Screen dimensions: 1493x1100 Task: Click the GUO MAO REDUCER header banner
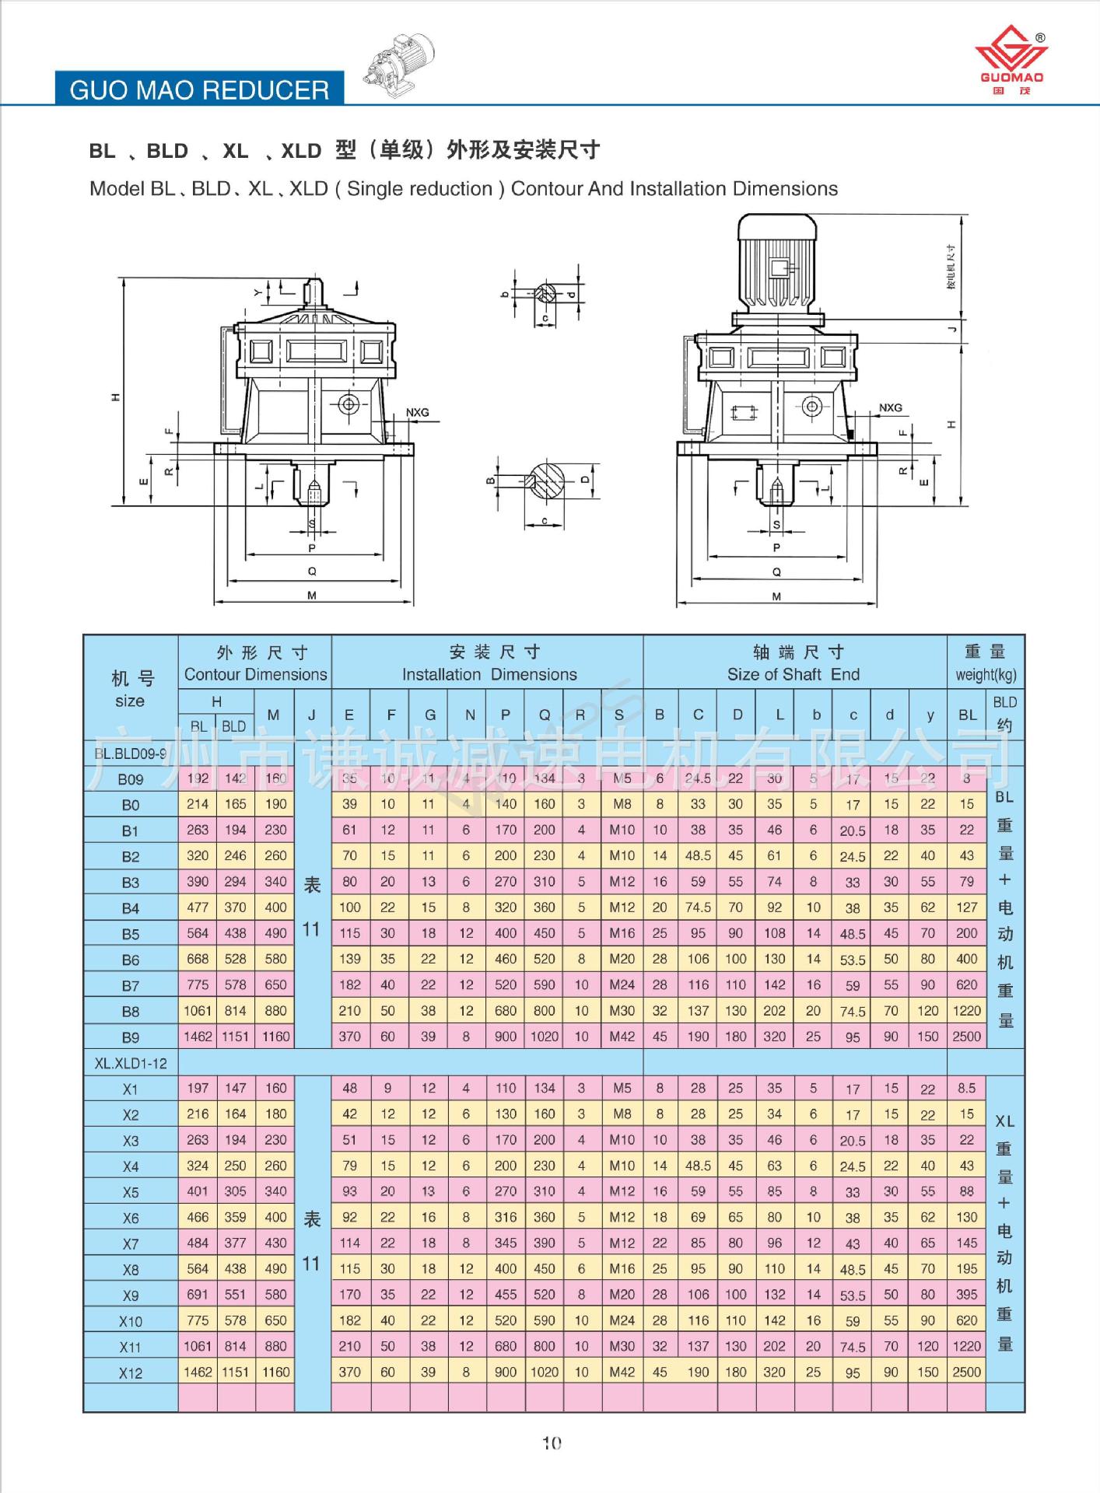click(x=199, y=89)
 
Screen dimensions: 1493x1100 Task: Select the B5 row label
click(x=131, y=934)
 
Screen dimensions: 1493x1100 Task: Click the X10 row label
click(x=131, y=1321)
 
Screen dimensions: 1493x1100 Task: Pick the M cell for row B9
click(x=275, y=1037)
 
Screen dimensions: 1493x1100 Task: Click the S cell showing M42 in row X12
click(x=622, y=1372)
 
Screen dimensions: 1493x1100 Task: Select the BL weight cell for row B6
click(x=966, y=959)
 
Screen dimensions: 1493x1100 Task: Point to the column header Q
click(x=545, y=715)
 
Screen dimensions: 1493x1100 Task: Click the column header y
click(x=930, y=715)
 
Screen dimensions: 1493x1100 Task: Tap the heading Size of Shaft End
click(x=793, y=674)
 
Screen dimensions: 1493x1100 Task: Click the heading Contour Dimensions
click(x=255, y=674)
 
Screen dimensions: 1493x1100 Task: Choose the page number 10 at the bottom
click(x=552, y=1443)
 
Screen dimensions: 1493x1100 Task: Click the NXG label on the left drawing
click(x=417, y=412)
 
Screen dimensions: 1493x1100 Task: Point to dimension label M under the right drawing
click(x=776, y=596)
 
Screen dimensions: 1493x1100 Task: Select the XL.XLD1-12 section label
click(x=131, y=1063)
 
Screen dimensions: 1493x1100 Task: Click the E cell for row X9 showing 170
click(x=349, y=1295)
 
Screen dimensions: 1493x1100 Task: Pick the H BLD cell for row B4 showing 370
click(x=235, y=907)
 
